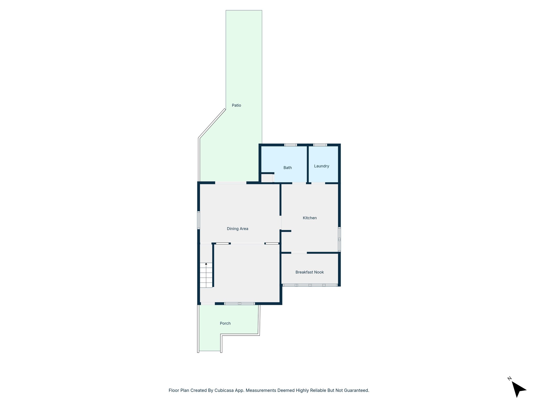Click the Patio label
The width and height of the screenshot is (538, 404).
tap(236, 105)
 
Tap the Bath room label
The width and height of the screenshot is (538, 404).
tap(287, 168)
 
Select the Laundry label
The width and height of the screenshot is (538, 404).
tap(322, 166)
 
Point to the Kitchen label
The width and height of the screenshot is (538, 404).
tap(310, 218)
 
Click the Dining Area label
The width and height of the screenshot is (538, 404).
tap(237, 229)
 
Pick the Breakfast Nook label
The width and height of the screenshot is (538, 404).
tap(309, 272)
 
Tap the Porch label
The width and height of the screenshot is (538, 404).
tap(225, 323)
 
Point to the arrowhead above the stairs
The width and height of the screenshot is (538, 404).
tap(206, 264)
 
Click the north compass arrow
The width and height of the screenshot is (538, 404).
tap(518, 389)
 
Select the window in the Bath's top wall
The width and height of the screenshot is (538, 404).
tap(291, 145)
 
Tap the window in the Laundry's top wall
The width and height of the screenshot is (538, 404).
tap(320, 145)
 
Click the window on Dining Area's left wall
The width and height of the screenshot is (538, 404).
tap(199, 220)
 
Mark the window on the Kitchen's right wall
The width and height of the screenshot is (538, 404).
tap(339, 239)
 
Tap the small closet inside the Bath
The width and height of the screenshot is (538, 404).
tap(267, 178)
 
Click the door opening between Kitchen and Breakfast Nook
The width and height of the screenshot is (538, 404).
tap(299, 253)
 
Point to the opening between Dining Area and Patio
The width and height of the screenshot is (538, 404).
tap(231, 183)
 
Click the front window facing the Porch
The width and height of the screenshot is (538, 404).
tap(239, 304)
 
